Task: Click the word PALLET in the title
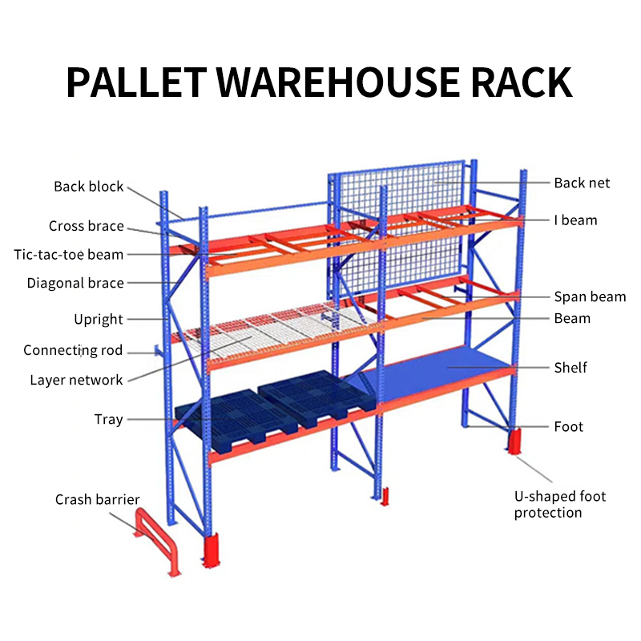(136, 83)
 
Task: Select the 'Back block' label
(88, 187)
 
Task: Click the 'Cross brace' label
(87, 226)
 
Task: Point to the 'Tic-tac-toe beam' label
(69, 254)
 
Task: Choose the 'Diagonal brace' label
(75, 283)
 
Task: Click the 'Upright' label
(98, 319)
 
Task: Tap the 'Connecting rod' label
(73, 350)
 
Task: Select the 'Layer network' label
(76, 380)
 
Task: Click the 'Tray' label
(108, 420)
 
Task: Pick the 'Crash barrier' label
(97, 499)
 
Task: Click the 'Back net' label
(582, 183)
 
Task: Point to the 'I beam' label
(575, 220)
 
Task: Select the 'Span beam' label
(590, 296)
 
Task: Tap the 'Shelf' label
(570, 368)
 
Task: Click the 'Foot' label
(568, 426)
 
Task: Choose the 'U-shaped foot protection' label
(559, 505)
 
